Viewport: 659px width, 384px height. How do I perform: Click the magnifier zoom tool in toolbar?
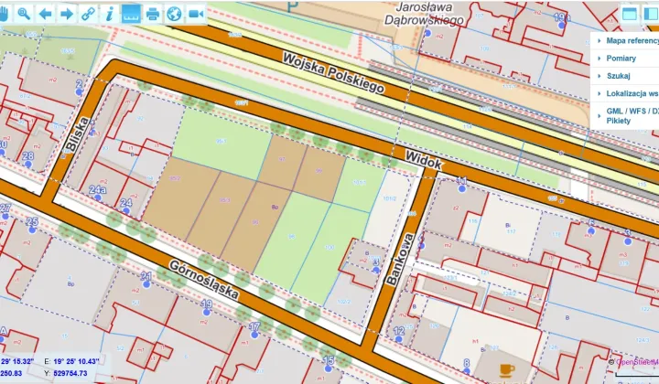point(23,13)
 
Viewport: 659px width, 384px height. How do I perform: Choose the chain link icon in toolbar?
point(88,13)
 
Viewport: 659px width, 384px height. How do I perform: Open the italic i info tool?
point(109,13)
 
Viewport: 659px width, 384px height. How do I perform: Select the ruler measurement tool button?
point(131,13)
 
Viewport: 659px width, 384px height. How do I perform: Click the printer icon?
point(153,13)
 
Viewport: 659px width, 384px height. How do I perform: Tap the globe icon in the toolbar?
point(174,13)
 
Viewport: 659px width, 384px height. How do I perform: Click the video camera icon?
point(196,13)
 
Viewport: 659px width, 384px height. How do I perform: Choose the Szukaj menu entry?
point(619,75)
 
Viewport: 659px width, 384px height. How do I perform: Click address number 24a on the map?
point(98,189)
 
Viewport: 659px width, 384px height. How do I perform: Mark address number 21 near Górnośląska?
point(146,275)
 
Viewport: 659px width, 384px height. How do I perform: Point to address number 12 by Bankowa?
point(399,330)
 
